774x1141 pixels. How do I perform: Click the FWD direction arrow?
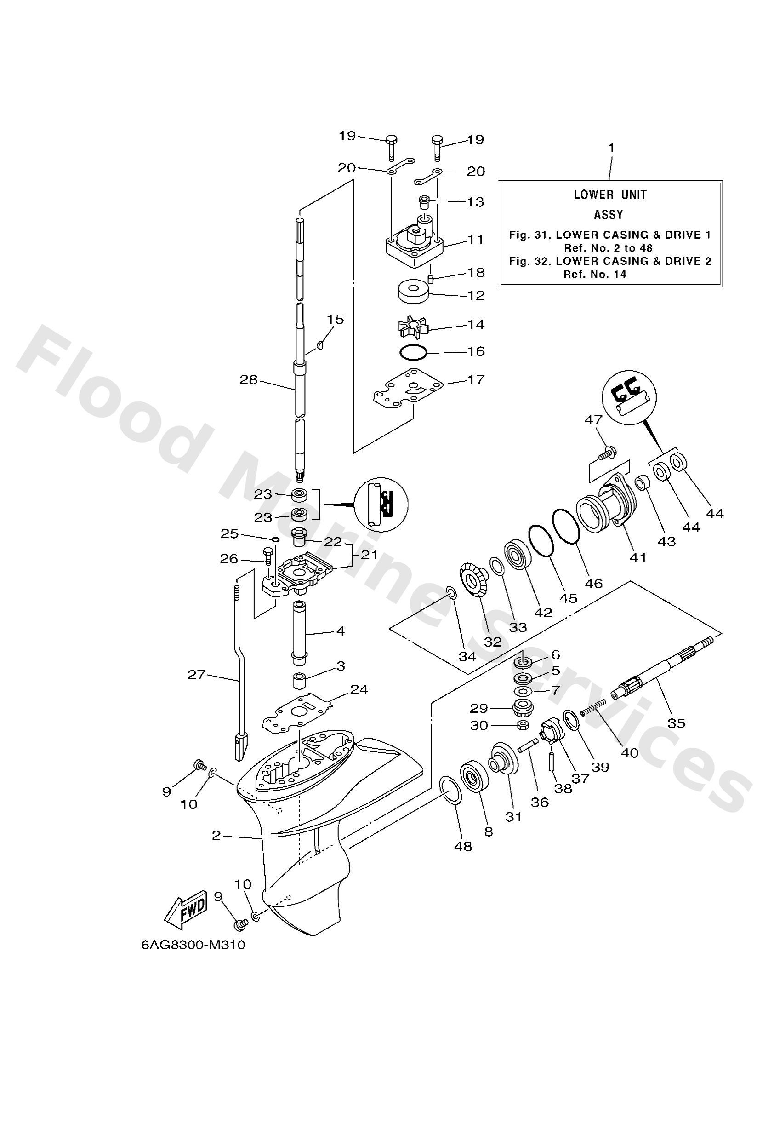click(187, 908)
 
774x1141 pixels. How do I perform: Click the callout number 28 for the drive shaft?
click(248, 379)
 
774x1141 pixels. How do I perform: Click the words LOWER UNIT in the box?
click(610, 195)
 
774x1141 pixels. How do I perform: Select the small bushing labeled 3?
click(299, 682)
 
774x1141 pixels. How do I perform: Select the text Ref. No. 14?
click(595, 275)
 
